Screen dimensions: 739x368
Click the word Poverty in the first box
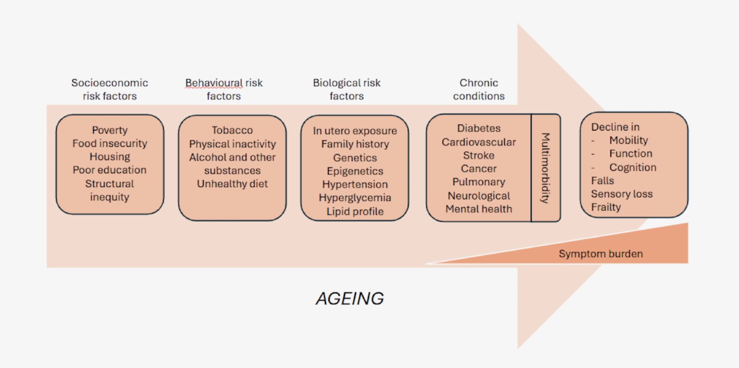110,130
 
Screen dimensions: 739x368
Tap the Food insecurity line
110,144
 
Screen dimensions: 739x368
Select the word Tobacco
232,130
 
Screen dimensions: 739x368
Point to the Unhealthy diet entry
232,184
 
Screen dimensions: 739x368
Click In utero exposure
354,131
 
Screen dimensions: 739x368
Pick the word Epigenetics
355,171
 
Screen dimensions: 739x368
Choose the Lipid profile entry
355,211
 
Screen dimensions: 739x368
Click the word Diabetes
479,128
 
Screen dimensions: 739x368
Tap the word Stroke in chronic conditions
479,156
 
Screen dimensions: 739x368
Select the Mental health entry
479,209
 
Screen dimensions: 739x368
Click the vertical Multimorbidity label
545,168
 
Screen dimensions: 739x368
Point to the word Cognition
633,167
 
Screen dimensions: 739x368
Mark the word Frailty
606,207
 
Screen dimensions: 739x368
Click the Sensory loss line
622,194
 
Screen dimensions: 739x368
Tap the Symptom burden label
600,254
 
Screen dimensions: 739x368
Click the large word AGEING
349,298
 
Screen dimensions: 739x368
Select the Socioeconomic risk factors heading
110,89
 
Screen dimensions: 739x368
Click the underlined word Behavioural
214,83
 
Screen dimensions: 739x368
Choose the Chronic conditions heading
478,89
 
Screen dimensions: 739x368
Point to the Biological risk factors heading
346,89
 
